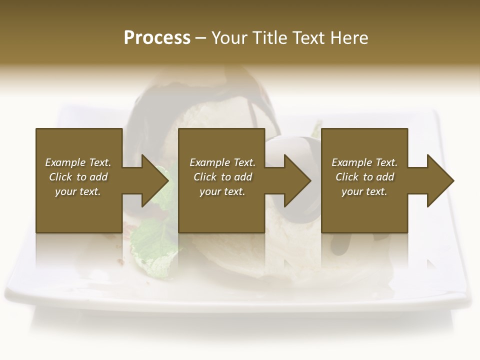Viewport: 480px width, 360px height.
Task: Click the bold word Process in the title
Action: click(x=157, y=38)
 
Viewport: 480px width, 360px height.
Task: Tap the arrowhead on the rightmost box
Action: click(x=440, y=180)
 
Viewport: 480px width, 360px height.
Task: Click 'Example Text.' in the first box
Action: click(x=78, y=162)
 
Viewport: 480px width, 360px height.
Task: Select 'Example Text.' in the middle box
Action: click(x=222, y=162)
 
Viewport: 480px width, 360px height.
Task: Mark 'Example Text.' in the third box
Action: click(x=364, y=162)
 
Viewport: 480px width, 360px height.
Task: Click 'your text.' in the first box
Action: click(x=78, y=191)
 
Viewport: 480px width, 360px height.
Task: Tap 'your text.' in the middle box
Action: click(x=222, y=191)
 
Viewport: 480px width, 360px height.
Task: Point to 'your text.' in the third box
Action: click(x=364, y=191)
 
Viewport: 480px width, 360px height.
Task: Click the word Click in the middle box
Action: click(x=205, y=177)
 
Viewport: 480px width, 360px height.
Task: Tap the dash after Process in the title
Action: click(x=201, y=38)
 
